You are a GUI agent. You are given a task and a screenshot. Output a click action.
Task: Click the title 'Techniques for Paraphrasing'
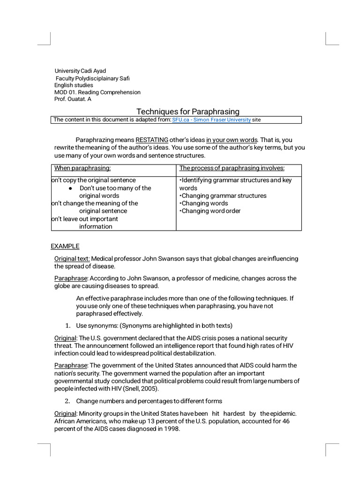click(x=187, y=112)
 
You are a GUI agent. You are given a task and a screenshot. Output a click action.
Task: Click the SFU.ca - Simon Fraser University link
click(x=211, y=120)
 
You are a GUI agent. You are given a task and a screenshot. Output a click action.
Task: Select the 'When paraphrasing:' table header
click(x=82, y=168)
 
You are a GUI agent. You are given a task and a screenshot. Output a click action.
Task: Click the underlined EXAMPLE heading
click(x=65, y=246)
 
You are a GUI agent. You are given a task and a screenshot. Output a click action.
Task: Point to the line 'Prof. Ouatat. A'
click(x=73, y=99)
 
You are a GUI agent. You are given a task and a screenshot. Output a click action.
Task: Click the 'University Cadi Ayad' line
click(x=80, y=71)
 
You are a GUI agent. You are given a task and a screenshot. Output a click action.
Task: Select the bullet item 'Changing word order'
click(x=210, y=211)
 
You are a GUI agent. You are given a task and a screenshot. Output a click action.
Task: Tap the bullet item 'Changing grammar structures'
click(x=223, y=195)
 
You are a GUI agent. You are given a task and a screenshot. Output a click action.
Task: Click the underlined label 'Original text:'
click(x=72, y=259)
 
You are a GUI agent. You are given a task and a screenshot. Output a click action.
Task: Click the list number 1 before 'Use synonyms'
click(x=67, y=326)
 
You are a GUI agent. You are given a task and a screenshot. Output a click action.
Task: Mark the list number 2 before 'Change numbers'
click(x=67, y=401)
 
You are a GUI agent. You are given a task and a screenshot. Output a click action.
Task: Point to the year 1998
click(x=172, y=429)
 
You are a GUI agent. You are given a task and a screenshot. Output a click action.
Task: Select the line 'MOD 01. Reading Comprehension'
click(x=97, y=92)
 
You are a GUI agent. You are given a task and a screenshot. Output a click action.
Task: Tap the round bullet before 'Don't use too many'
click(x=70, y=188)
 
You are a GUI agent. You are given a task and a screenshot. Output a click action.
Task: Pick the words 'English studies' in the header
click(x=74, y=85)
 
